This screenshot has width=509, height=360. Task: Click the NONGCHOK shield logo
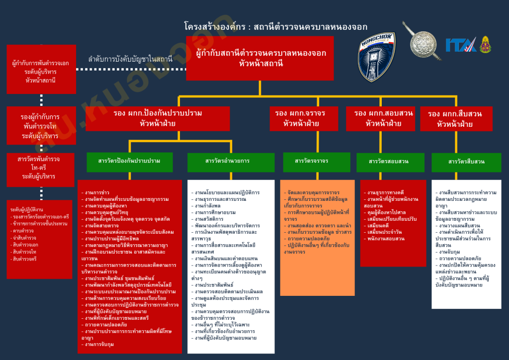(377, 58)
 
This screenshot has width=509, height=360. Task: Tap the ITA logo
(461, 45)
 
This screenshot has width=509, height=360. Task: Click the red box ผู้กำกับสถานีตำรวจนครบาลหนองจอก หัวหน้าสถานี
(260, 58)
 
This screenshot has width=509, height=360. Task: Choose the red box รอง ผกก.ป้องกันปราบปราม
(158, 118)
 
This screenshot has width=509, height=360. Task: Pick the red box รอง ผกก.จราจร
(300, 118)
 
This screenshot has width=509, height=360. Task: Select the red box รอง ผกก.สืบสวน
(454, 119)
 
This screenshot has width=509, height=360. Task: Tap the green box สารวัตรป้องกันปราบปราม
(129, 161)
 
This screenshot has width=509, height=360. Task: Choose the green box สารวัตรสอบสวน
(389, 162)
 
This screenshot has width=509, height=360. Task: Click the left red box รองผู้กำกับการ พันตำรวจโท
(40, 126)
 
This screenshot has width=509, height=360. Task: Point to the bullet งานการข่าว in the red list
(97, 191)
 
